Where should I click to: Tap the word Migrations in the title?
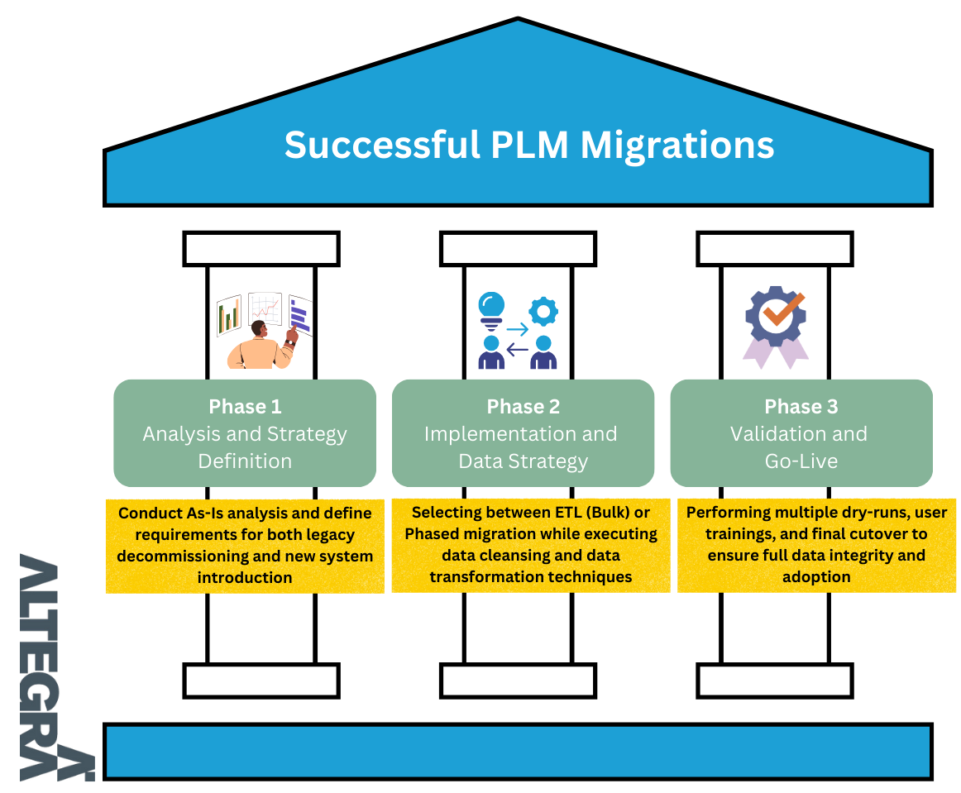point(677,145)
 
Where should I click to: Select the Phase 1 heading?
point(245,406)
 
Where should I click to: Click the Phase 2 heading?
point(523,406)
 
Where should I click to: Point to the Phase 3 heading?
point(801,406)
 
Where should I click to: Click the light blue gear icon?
point(543,311)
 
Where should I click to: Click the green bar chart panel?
point(228,316)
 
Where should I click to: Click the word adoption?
point(816,577)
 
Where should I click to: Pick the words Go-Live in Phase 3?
point(801,461)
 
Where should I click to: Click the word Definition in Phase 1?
point(245,461)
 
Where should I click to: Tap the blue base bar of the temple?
point(518,751)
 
